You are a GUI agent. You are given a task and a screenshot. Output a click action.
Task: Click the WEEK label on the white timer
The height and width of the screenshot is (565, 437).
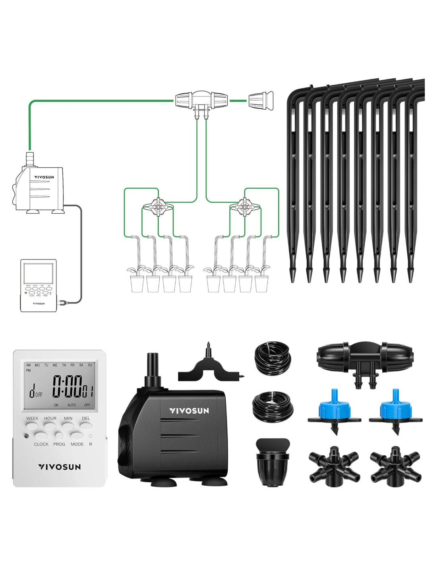[32, 418]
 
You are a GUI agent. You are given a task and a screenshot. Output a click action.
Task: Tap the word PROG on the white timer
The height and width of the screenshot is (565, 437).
[59, 444]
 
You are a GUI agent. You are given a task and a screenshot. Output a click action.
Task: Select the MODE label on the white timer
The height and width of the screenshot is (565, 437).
[77, 444]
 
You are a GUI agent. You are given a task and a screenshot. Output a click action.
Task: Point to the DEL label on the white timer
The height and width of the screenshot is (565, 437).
[86, 418]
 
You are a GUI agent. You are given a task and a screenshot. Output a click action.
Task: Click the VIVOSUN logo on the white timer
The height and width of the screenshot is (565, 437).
[60, 467]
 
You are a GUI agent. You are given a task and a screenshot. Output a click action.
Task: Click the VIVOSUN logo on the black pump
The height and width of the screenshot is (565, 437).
[189, 411]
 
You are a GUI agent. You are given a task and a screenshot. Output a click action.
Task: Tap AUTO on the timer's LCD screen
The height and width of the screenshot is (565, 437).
[72, 405]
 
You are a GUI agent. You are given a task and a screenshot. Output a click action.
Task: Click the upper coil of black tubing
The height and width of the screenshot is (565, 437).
[273, 358]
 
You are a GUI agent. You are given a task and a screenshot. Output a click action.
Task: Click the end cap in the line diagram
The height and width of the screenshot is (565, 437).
[261, 102]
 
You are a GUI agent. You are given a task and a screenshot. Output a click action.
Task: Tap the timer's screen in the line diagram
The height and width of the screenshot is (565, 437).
[38, 273]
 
